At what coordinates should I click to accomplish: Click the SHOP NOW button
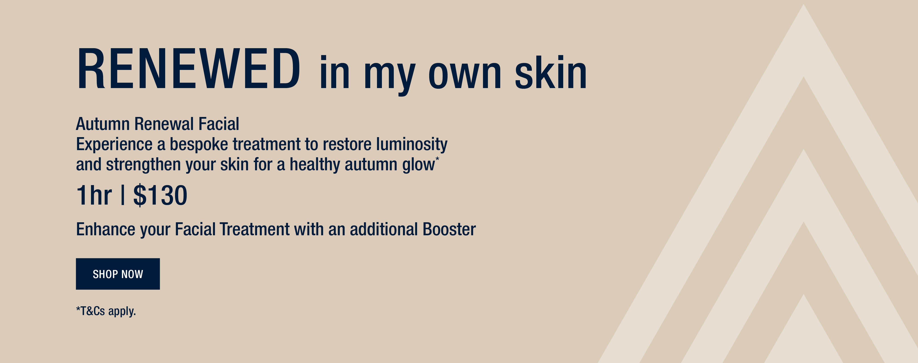118,274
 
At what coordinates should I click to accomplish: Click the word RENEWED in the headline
188,68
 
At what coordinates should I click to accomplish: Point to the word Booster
449,229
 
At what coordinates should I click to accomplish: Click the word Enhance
106,229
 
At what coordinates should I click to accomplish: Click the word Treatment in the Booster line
254,229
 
